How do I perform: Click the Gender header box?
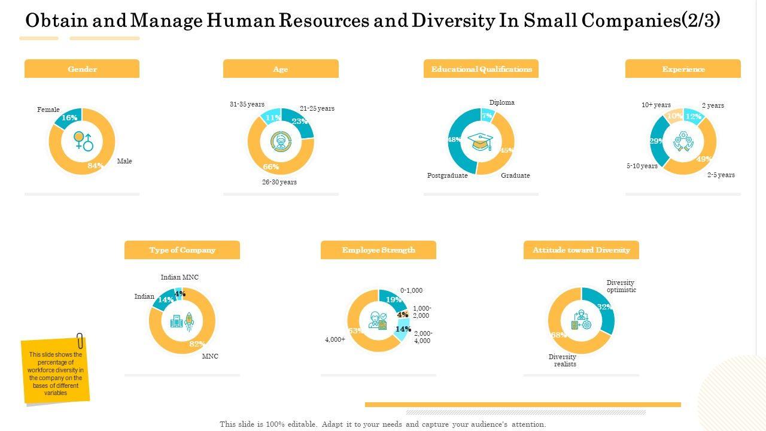tap(82, 69)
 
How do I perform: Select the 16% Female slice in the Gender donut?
tap(68, 118)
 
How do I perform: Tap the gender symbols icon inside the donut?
tap(83, 141)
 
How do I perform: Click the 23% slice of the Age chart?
tap(299, 122)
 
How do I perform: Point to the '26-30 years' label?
tap(279, 182)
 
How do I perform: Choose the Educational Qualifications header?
tap(481, 69)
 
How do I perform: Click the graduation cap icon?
tap(481, 142)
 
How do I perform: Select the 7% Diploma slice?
tap(487, 116)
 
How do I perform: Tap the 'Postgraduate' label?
tap(448, 175)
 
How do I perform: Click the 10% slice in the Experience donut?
tap(675, 116)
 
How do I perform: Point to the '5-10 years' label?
tap(642, 166)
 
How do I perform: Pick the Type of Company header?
tap(182, 250)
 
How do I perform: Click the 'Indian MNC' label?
tap(180, 278)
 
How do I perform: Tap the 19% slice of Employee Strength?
tap(392, 299)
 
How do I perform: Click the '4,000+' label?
tap(335, 339)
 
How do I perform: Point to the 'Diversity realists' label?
tap(563, 360)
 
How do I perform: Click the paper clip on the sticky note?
tap(80, 339)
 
